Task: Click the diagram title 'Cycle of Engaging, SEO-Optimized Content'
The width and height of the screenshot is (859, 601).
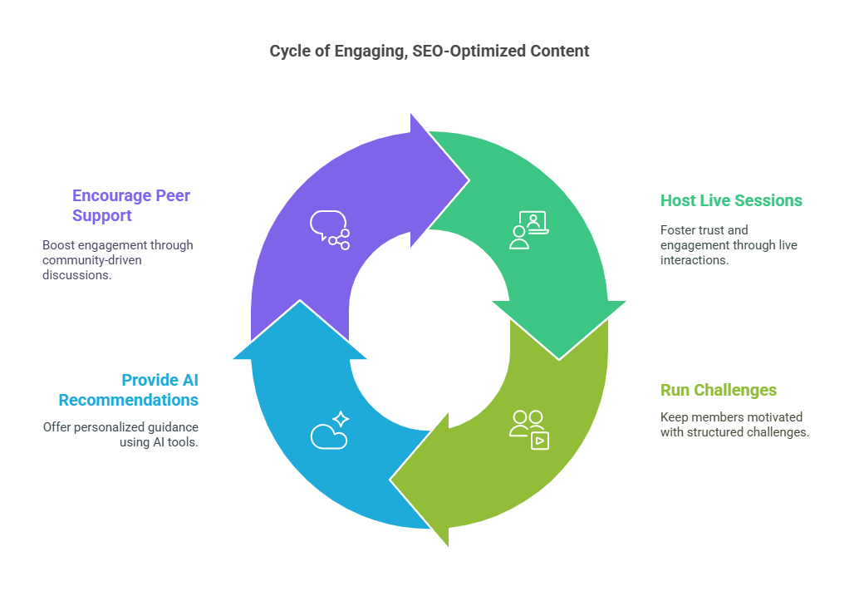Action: (x=429, y=51)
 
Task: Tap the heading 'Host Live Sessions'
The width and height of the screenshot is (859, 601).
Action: (x=731, y=200)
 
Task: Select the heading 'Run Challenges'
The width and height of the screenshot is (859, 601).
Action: (x=719, y=390)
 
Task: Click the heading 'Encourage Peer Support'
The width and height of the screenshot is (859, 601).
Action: (x=131, y=205)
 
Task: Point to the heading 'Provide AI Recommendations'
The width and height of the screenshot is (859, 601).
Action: (x=129, y=390)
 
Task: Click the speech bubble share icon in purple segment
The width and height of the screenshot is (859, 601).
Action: (x=330, y=230)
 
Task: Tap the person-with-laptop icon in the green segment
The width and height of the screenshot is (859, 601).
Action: (x=528, y=230)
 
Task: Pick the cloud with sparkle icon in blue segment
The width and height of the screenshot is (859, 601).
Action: (x=330, y=430)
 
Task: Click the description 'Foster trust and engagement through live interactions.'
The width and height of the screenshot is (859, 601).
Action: (x=729, y=245)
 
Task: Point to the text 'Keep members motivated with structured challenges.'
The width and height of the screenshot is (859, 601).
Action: (x=734, y=425)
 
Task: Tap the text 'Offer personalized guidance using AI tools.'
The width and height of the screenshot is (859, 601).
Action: (x=120, y=435)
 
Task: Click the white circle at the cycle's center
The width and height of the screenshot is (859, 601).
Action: (x=429, y=330)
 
